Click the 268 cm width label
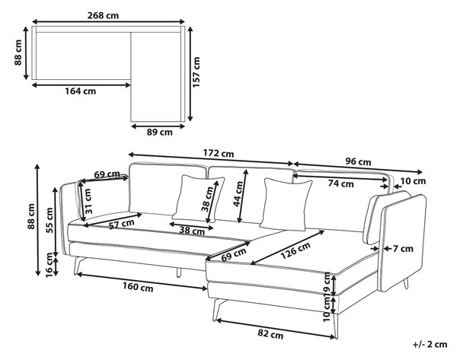pyautogui.click(x=103, y=15)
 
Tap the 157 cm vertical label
pyautogui.click(x=197, y=72)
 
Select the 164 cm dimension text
pyautogui.click(x=80, y=91)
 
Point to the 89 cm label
pyautogui.click(x=159, y=132)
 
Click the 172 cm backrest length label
pyautogui.click(x=219, y=153)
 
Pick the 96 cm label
pyautogui.click(x=358, y=161)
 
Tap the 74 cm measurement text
pyautogui.click(x=340, y=183)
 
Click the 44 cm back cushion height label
pyautogui.click(x=238, y=193)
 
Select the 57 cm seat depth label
pyautogui.click(x=122, y=224)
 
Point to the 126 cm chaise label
pyautogui.click(x=296, y=250)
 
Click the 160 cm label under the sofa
pyautogui.click(x=138, y=287)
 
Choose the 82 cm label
pyautogui.click(x=270, y=334)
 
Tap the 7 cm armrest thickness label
pyautogui.click(x=403, y=249)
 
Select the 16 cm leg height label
pyautogui.click(x=50, y=265)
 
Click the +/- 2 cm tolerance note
pyautogui.click(x=430, y=344)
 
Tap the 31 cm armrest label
pyautogui.click(x=88, y=201)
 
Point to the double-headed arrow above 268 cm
pyautogui.click(x=108, y=21)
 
